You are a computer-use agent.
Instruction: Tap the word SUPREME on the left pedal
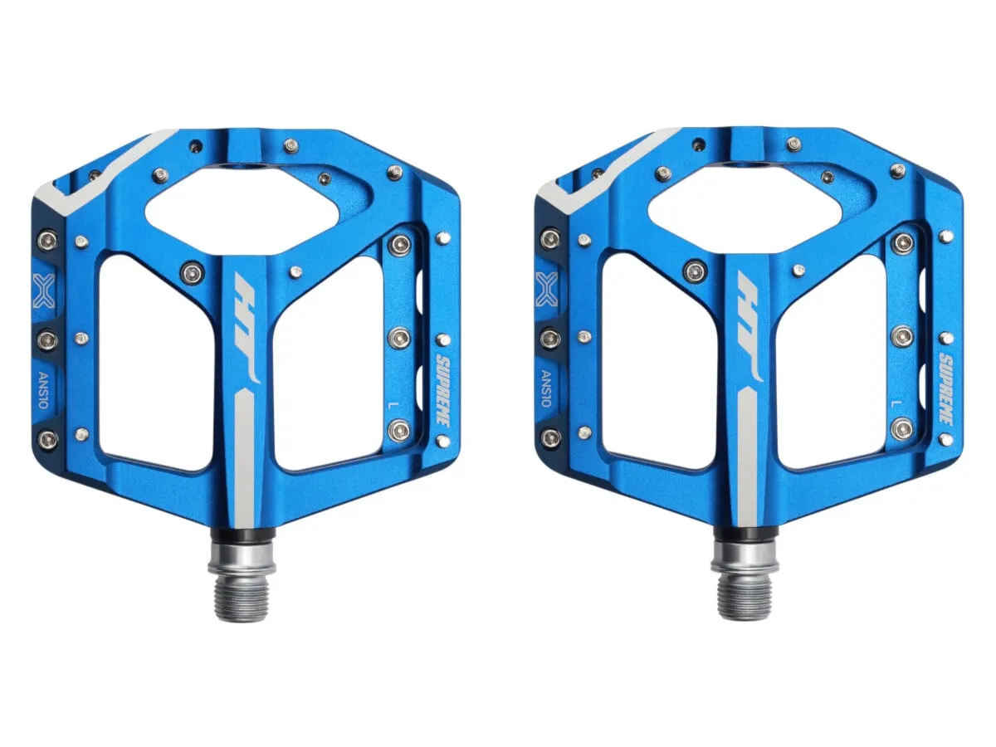coord(442,389)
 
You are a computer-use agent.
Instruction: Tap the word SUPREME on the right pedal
coord(945,388)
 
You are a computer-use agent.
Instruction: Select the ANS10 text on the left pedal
coord(43,390)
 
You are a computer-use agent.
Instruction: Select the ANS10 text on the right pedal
coord(546,388)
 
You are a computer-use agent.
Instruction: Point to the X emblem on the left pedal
coord(43,291)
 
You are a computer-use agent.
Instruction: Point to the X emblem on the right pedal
coord(546,290)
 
